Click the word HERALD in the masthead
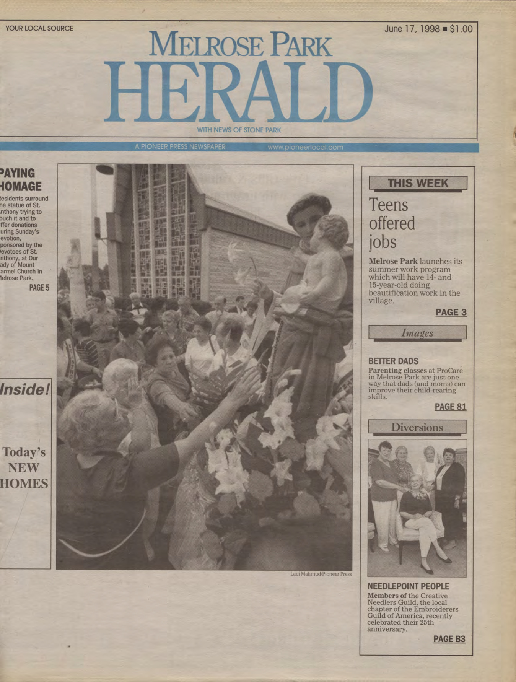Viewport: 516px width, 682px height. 238,93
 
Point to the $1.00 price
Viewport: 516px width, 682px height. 461,29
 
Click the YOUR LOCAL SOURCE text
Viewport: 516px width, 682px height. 39,28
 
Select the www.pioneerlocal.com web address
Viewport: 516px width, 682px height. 305,147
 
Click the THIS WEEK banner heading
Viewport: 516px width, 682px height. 418,183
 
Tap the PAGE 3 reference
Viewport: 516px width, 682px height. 451,313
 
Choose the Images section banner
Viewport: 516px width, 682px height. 417,333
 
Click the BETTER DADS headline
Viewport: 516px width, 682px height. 393,361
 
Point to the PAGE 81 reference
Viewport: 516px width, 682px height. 451,407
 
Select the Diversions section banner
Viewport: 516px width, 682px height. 417,427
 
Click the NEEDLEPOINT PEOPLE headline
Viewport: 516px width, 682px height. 408,586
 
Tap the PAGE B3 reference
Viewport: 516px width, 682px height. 449,639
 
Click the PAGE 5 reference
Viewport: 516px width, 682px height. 39,288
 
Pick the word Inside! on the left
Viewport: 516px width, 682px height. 25,389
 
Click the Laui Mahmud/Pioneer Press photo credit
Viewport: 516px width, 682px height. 321,574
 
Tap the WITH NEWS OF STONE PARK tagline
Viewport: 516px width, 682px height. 239,130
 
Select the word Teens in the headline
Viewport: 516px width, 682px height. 388,205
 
